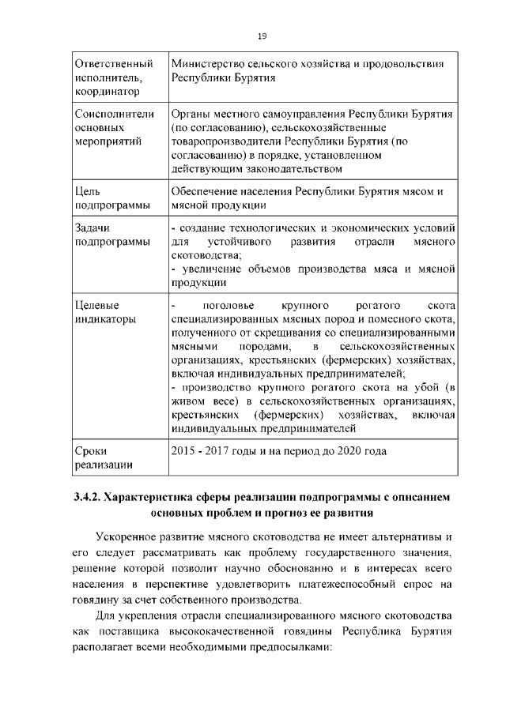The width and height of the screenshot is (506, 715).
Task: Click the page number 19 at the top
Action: click(x=262, y=35)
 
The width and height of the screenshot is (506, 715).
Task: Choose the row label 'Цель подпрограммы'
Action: click(x=108, y=198)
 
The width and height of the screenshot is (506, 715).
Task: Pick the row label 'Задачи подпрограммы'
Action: click(x=108, y=235)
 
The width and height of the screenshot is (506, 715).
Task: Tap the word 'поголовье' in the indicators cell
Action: click(x=228, y=305)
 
